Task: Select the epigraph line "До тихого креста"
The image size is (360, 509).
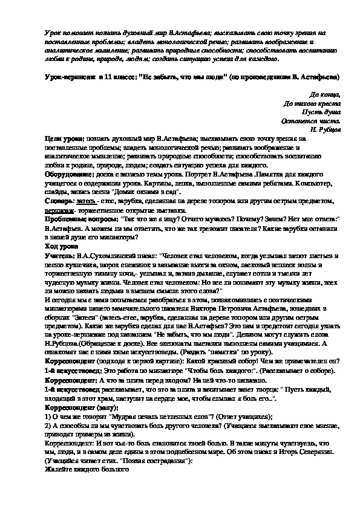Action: tap(312, 103)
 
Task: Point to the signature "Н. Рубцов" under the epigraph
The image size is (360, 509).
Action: tap(324, 129)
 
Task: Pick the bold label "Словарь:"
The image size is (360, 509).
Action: tap(61, 199)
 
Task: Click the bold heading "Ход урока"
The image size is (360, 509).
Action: tap(62, 247)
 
